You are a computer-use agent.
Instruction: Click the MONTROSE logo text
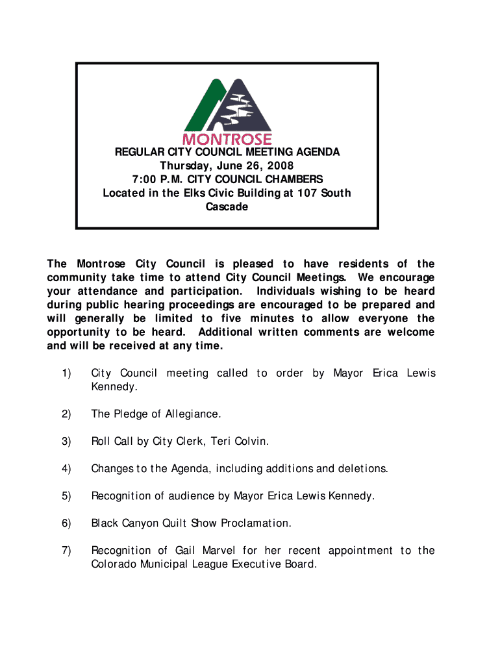227,139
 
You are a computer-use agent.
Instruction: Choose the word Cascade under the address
227,207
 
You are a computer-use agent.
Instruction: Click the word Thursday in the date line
186,166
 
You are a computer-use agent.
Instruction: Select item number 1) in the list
66,373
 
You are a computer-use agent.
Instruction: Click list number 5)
66,496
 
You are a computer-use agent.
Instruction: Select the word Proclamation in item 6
256,523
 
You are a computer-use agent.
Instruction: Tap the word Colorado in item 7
114,564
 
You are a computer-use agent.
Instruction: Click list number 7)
66,551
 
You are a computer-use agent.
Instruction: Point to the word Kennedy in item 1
114,387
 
